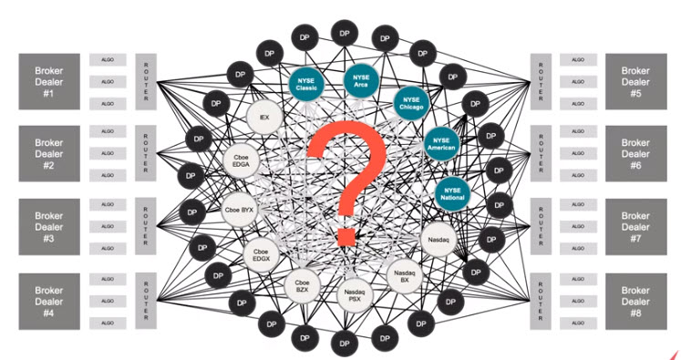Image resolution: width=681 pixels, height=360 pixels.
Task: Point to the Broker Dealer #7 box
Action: coord(639,226)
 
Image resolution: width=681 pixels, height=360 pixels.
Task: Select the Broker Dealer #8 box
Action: coord(639,299)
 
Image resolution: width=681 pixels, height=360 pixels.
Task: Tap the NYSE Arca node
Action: coord(363,81)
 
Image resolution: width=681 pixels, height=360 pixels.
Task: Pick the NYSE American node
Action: coord(444,145)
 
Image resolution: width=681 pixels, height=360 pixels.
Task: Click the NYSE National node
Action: coord(452,191)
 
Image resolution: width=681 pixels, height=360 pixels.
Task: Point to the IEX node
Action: coord(263,118)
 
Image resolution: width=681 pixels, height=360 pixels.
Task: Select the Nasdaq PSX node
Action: coord(354,293)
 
